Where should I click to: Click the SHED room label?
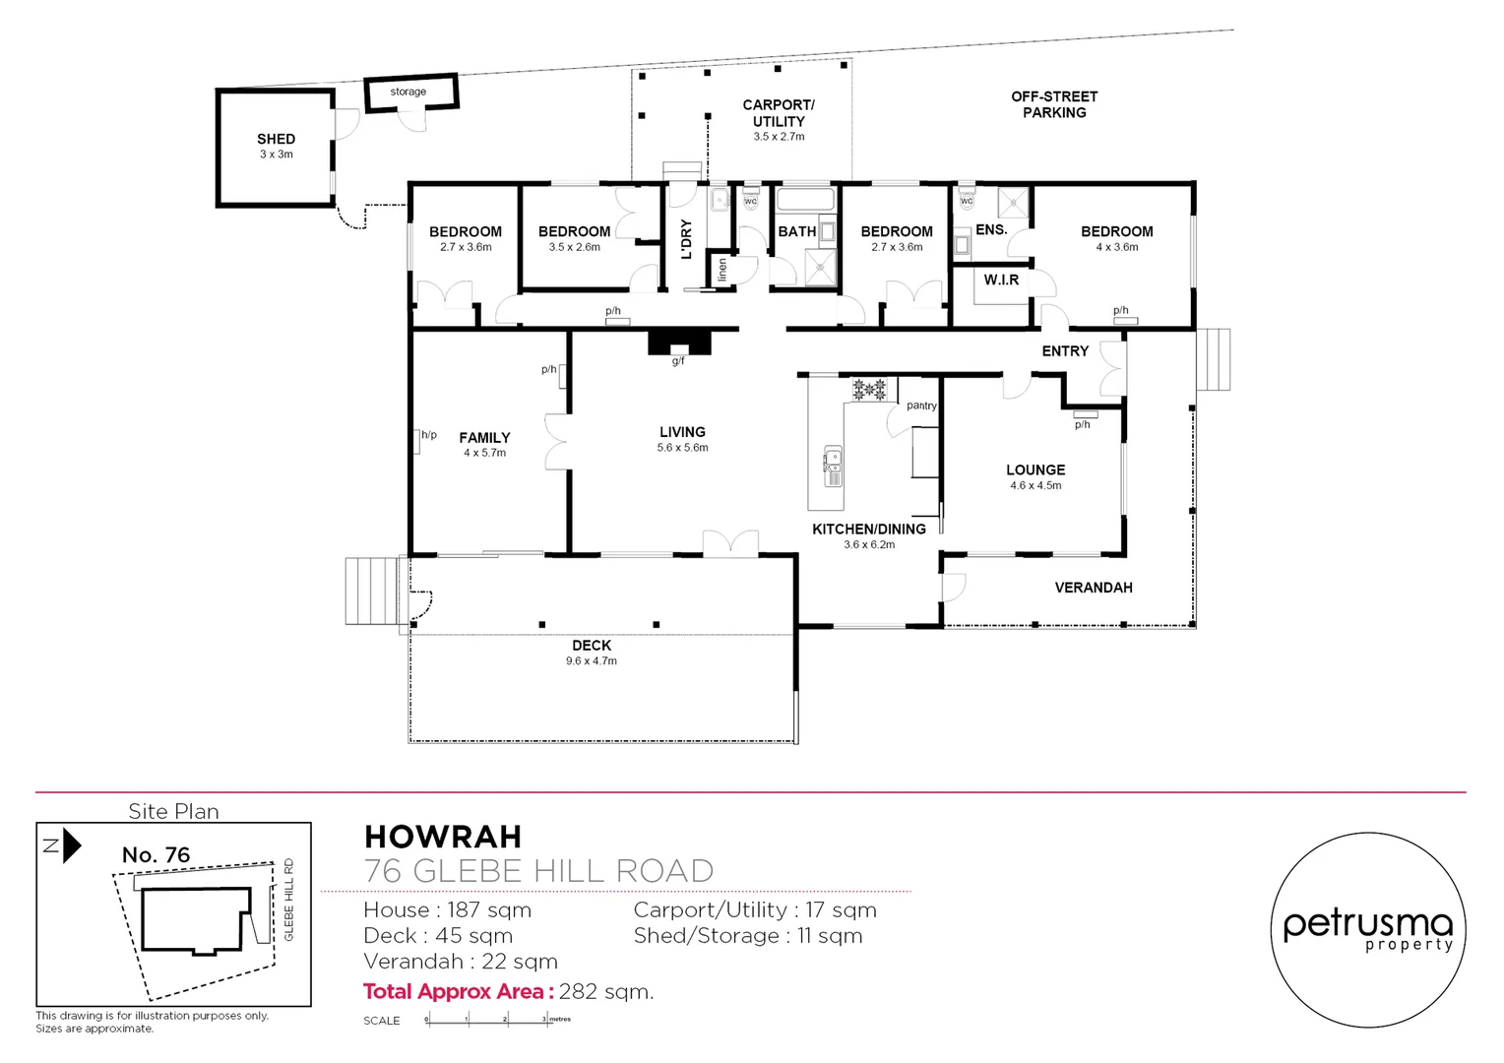(x=276, y=139)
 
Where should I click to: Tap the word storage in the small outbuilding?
(x=407, y=92)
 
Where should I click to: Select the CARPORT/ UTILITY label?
(x=779, y=113)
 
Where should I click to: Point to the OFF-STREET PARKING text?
(x=1054, y=104)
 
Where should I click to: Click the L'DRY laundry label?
(x=687, y=239)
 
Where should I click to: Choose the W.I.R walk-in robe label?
(x=1001, y=280)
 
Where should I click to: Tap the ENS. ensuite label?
(x=991, y=229)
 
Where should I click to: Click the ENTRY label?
(x=1065, y=350)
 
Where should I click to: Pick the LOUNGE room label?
(x=1035, y=469)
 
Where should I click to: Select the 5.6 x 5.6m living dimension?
(x=682, y=448)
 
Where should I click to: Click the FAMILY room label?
(x=484, y=437)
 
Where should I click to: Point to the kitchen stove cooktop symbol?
(x=869, y=389)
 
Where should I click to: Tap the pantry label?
(x=921, y=406)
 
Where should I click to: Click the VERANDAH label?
(x=1094, y=588)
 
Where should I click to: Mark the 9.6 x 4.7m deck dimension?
(x=591, y=661)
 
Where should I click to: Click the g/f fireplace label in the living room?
(x=678, y=361)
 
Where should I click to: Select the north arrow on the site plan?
(x=71, y=845)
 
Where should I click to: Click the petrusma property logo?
(x=1367, y=929)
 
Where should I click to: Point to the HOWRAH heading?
(x=443, y=837)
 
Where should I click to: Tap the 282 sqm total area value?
(x=605, y=991)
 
